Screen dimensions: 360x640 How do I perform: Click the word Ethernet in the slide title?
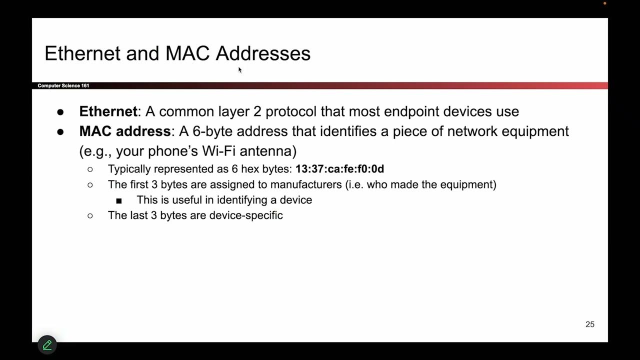click(82, 53)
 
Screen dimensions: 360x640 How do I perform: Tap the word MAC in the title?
click(187, 53)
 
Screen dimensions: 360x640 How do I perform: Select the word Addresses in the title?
click(263, 53)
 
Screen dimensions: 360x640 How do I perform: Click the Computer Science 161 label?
click(63, 86)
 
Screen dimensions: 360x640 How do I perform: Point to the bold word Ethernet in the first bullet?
click(108, 111)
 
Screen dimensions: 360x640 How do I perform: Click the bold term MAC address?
click(125, 131)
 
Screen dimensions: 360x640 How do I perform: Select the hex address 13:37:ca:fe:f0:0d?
click(339, 169)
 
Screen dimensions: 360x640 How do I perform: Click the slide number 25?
click(590, 324)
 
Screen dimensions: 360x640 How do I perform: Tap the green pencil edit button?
click(47, 344)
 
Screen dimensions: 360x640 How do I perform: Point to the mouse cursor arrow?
click(239, 69)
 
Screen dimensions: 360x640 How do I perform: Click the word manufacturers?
click(306, 184)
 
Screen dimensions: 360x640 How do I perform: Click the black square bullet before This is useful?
click(119, 200)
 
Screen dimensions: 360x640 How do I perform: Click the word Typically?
click(129, 169)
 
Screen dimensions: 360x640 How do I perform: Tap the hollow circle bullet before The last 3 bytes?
click(90, 215)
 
